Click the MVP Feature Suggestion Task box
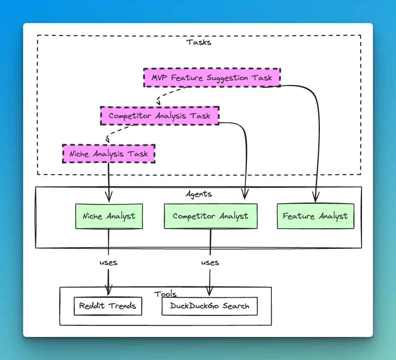click(x=212, y=78)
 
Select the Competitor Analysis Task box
click(x=160, y=116)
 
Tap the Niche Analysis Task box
click(x=109, y=154)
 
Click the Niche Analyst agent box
click(x=109, y=216)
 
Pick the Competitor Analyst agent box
click(x=211, y=216)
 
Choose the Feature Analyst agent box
click(x=315, y=216)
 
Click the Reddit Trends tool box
click(x=108, y=306)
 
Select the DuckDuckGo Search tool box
click(x=209, y=306)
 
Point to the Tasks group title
click(x=198, y=42)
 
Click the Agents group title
click(x=198, y=194)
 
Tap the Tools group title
click(x=165, y=294)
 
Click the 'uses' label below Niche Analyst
click(x=109, y=263)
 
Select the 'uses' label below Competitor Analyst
click(x=210, y=263)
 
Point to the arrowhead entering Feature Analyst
click(x=316, y=197)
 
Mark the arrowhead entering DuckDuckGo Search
click(x=209, y=291)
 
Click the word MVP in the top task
click(x=160, y=78)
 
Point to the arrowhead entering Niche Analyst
click(x=109, y=197)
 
